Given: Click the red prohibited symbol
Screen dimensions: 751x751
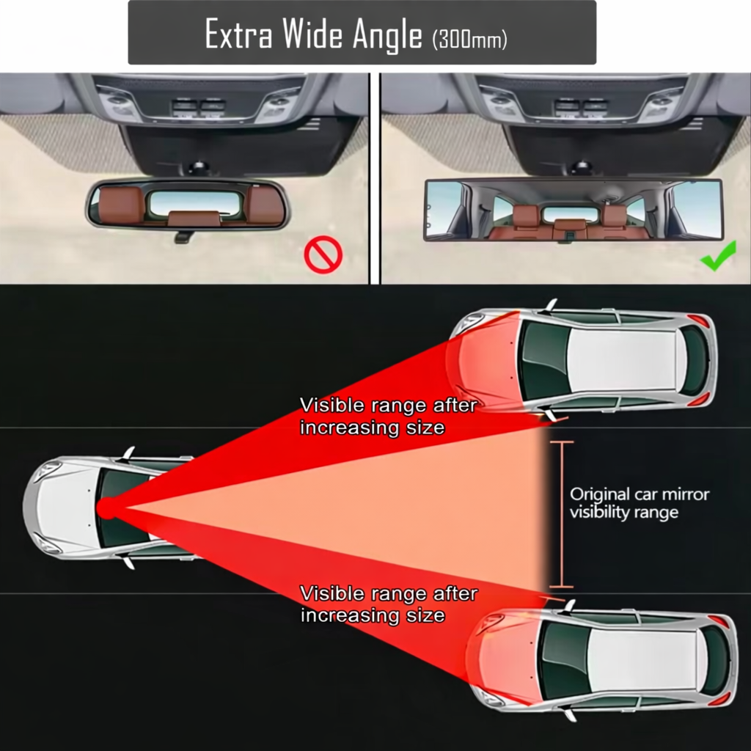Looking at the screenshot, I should [x=323, y=258].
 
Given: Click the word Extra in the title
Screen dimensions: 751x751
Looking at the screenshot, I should [x=233, y=34].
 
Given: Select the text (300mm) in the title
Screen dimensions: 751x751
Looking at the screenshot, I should [x=469, y=39].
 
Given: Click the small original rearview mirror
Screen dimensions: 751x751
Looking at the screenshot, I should [x=188, y=205].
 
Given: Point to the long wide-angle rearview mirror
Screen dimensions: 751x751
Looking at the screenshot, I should [x=573, y=210].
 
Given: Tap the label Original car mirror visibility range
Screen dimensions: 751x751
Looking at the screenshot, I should [x=640, y=503].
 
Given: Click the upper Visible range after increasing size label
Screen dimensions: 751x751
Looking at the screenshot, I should [x=388, y=416].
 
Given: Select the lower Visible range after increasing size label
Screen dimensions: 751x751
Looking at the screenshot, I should [x=388, y=604].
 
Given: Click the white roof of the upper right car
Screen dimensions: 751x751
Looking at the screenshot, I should [x=623, y=360].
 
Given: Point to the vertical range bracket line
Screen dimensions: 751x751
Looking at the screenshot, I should [x=562, y=514].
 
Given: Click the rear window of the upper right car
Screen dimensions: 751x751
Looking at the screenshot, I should [x=693, y=360].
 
